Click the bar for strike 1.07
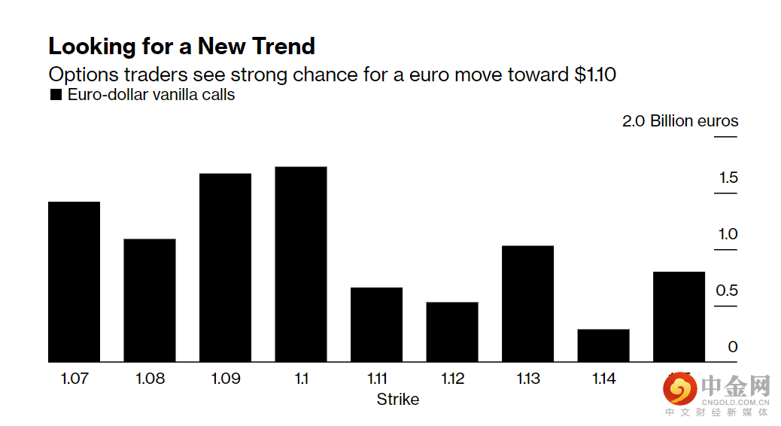click(x=74, y=281)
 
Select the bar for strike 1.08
click(x=150, y=300)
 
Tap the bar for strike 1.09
click(x=225, y=267)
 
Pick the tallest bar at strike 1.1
click(x=301, y=264)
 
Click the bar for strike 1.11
click(x=376, y=324)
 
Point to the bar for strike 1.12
click(x=452, y=332)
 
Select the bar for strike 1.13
click(x=527, y=303)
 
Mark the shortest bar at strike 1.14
click(x=603, y=345)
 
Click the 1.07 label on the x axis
click(x=74, y=379)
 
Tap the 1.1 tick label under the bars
click(x=301, y=379)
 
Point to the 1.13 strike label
click(x=527, y=379)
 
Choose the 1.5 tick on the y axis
click(x=728, y=178)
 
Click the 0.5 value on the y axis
click(x=728, y=291)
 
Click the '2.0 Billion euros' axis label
click(x=680, y=121)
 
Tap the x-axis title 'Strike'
click(x=397, y=399)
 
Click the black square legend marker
click(x=55, y=96)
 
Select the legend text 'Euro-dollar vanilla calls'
click(x=151, y=95)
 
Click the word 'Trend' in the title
click(x=279, y=47)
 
